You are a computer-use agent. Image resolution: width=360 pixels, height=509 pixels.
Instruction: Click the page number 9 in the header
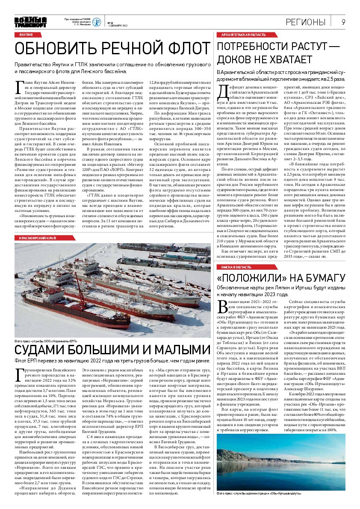tap(343, 22)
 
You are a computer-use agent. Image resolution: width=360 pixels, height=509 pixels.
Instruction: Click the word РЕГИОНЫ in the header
tap(307, 22)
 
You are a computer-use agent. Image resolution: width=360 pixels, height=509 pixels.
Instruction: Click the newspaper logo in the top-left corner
tap(30, 22)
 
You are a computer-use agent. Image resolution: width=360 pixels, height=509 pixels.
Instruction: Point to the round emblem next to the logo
tap(97, 22)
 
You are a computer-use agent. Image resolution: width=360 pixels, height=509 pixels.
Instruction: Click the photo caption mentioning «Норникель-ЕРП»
tap(46, 341)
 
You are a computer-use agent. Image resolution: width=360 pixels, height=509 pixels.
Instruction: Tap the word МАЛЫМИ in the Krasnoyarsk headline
tap(165, 350)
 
